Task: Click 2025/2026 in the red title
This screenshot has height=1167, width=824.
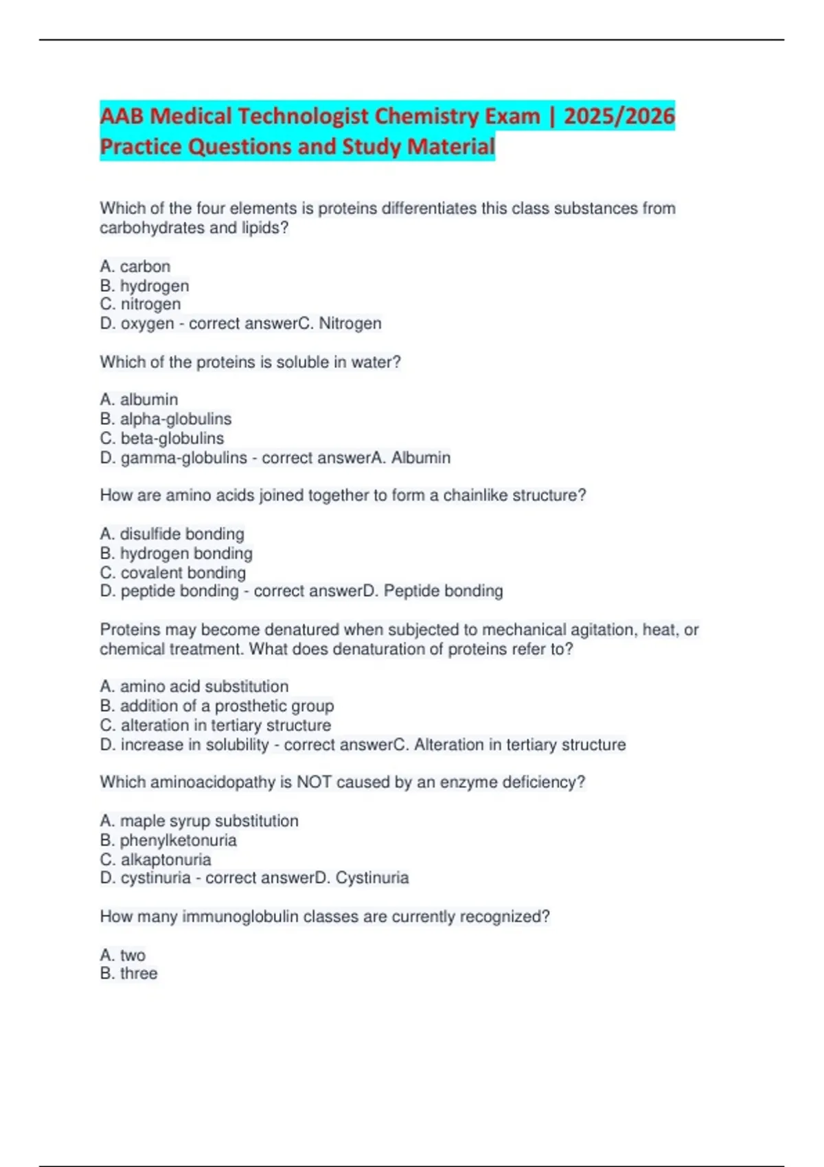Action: [619, 116]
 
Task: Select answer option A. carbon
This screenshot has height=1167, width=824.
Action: [135, 266]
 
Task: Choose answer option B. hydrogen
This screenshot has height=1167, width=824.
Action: [144, 286]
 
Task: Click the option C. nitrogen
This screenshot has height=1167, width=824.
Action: [140, 304]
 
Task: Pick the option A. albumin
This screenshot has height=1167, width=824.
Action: [139, 400]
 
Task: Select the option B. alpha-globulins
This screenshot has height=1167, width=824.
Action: [165, 419]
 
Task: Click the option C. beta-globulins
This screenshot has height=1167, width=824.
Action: [161, 438]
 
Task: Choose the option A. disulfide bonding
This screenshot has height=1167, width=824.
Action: [172, 534]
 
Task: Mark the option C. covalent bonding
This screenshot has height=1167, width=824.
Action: [172, 573]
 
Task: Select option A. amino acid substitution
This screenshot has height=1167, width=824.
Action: [194, 686]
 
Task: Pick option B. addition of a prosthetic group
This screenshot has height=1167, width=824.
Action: [217, 706]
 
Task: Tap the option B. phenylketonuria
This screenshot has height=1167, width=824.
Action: [168, 840]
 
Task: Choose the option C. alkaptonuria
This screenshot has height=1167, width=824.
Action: [155, 859]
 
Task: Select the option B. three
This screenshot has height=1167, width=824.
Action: [128, 973]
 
